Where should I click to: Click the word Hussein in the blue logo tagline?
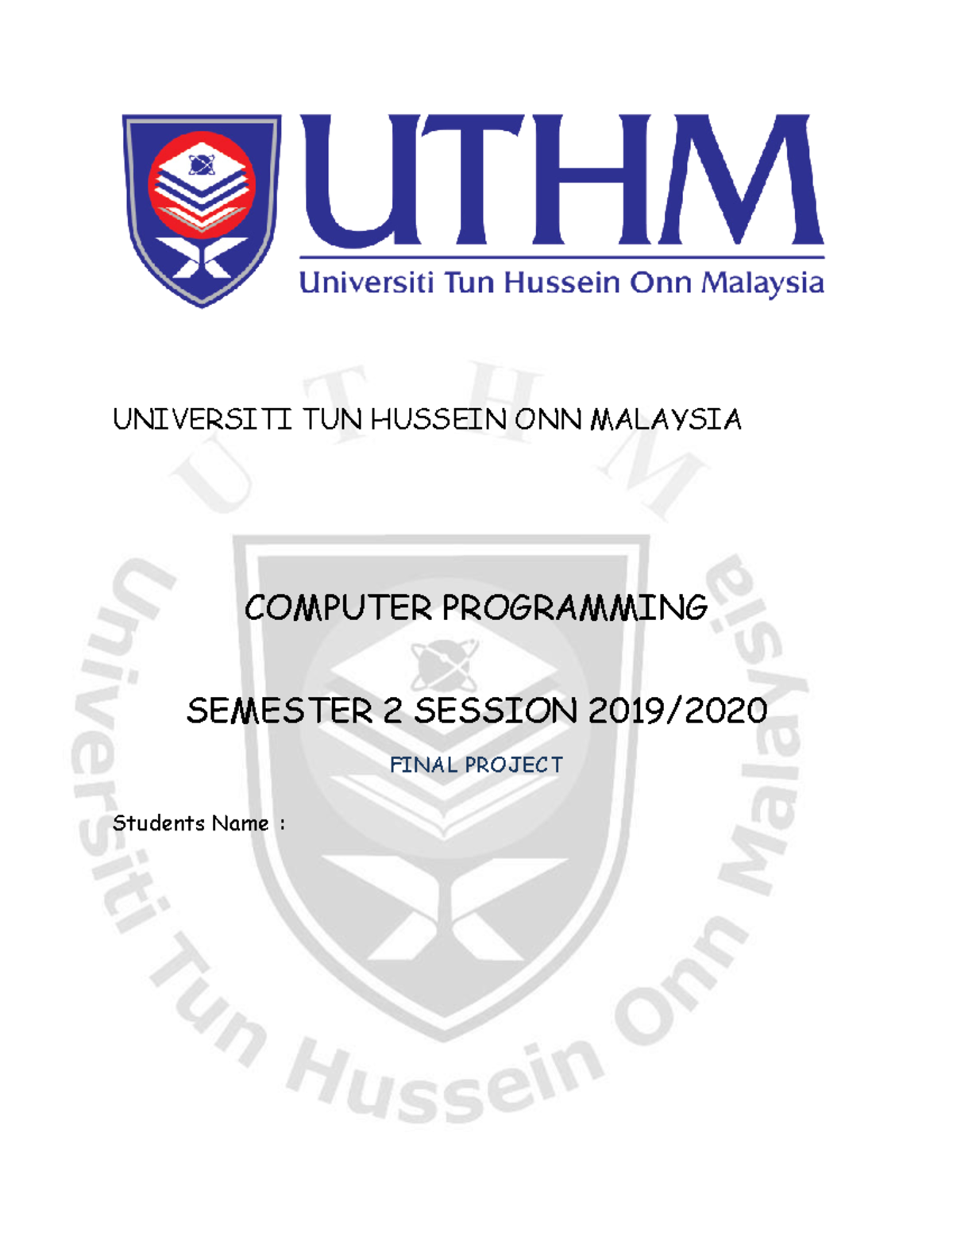tap(562, 283)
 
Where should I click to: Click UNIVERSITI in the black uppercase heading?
tap(203, 419)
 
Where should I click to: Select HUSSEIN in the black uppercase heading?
tap(438, 419)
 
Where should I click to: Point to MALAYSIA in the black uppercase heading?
tap(666, 419)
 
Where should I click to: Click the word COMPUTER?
tap(338, 608)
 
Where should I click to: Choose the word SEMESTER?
tap(280, 711)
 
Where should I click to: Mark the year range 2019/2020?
tap(677, 711)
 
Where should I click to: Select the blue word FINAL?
tap(422, 765)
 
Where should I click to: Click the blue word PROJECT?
tap(514, 765)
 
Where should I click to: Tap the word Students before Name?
tap(158, 823)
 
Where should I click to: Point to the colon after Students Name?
tap(282, 825)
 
